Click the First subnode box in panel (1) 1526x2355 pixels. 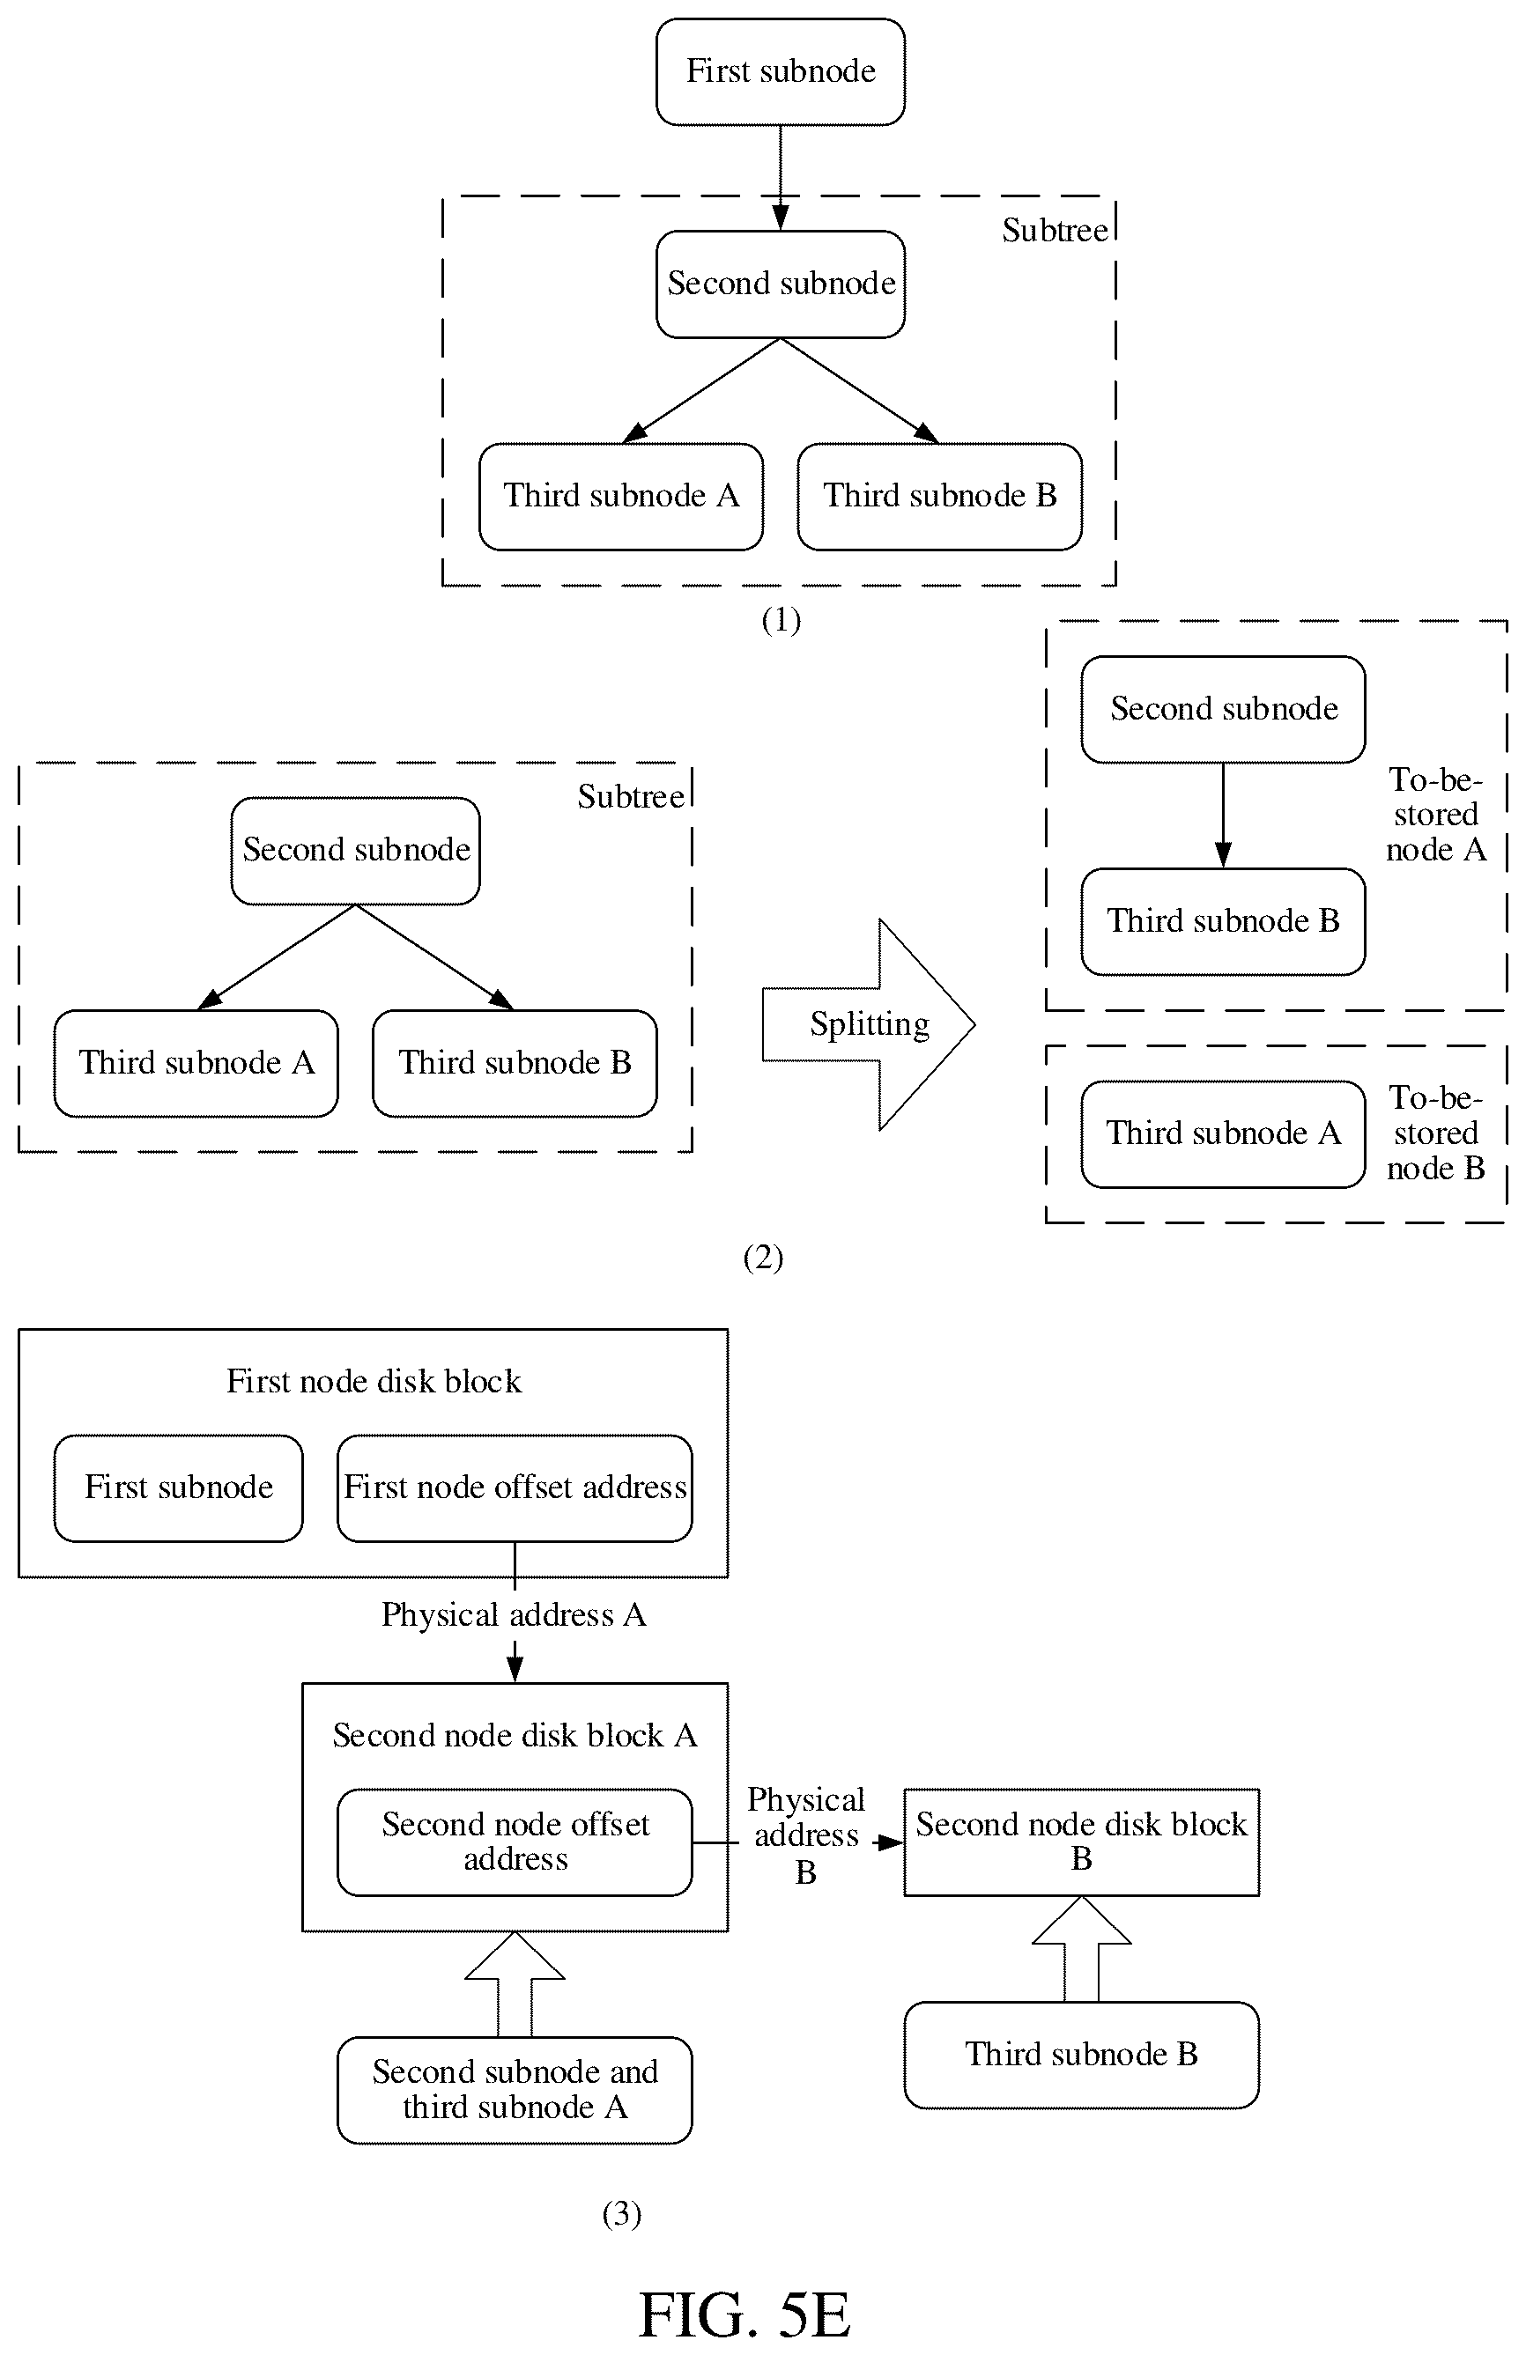780,71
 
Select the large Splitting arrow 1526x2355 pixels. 868,1024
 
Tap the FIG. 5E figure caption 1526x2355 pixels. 744,2314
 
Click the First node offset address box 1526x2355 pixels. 515,1488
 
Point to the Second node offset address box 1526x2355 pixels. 515,1842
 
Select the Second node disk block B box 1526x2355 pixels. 1082,1842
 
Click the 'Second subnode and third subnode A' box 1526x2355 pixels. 515,2090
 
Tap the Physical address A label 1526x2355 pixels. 514,1615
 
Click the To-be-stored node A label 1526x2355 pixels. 1436,815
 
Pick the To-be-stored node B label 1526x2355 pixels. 1436,1133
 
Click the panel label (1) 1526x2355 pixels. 781,620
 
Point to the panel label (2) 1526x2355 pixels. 763,1258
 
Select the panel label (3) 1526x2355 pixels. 621,2213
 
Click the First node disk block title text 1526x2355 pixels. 373,1381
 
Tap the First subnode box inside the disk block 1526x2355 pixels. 178,1488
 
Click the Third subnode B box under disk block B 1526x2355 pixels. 1082,2054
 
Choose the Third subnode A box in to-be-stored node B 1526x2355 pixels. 1223,1134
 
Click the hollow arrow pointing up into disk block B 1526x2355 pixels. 1082,1949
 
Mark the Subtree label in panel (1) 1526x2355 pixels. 1055,231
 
